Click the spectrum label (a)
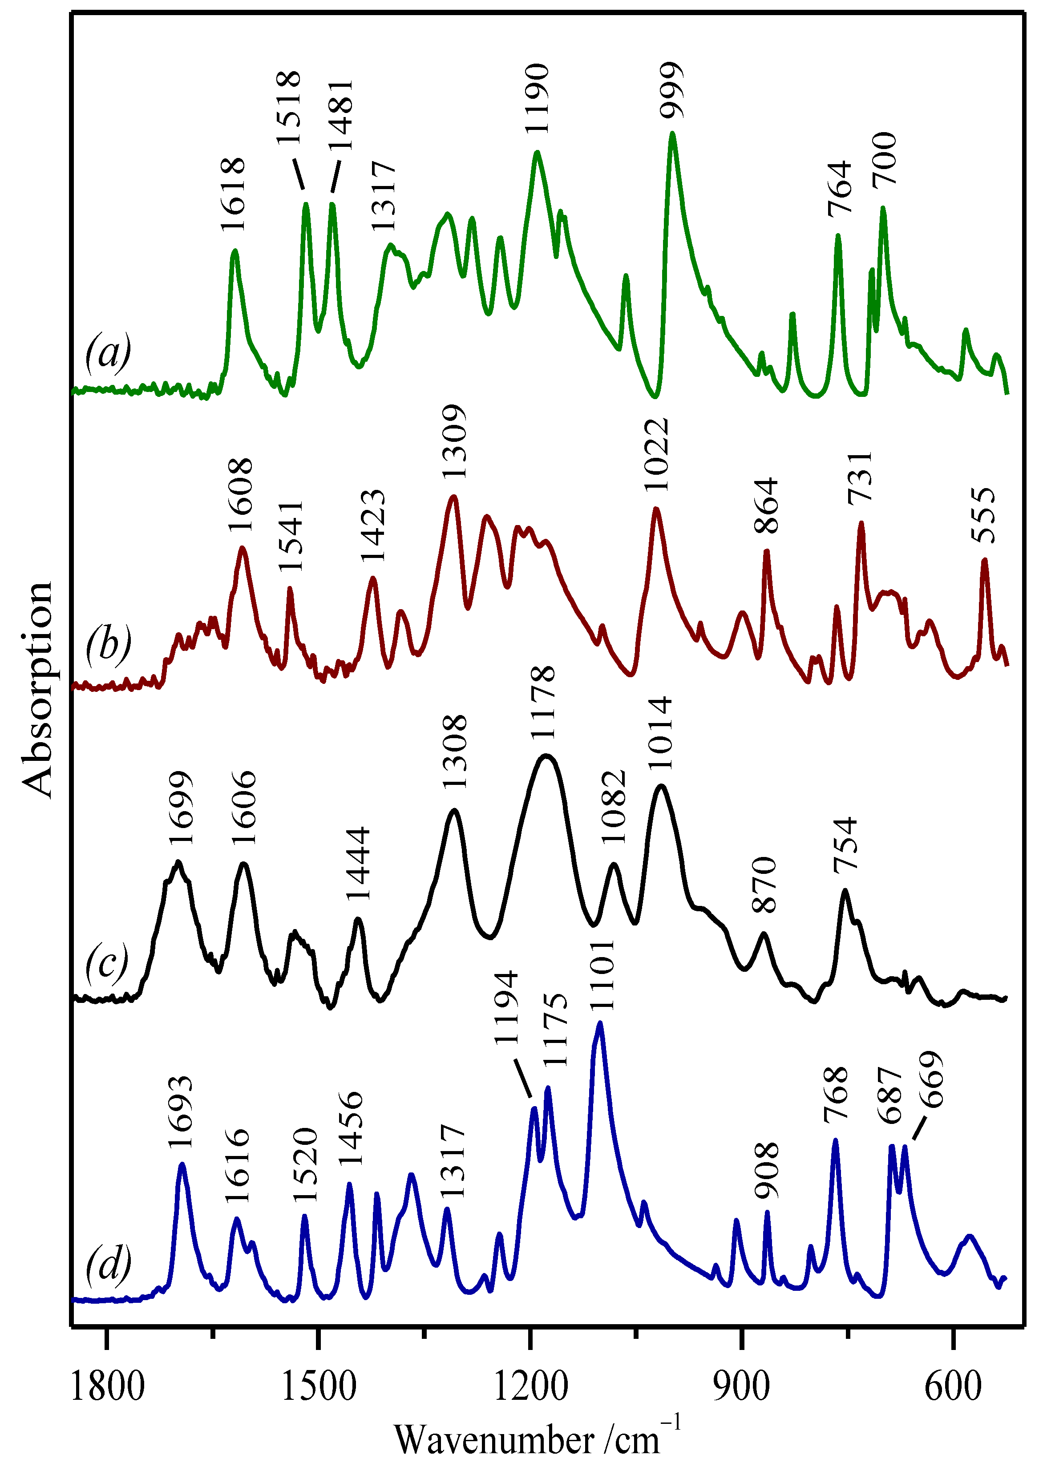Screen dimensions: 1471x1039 pyautogui.click(x=108, y=351)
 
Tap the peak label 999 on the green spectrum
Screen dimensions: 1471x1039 pyautogui.click(x=672, y=90)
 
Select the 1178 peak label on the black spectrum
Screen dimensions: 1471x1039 pyautogui.click(x=543, y=702)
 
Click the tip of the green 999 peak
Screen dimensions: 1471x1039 pyautogui.click(x=672, y=133)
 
